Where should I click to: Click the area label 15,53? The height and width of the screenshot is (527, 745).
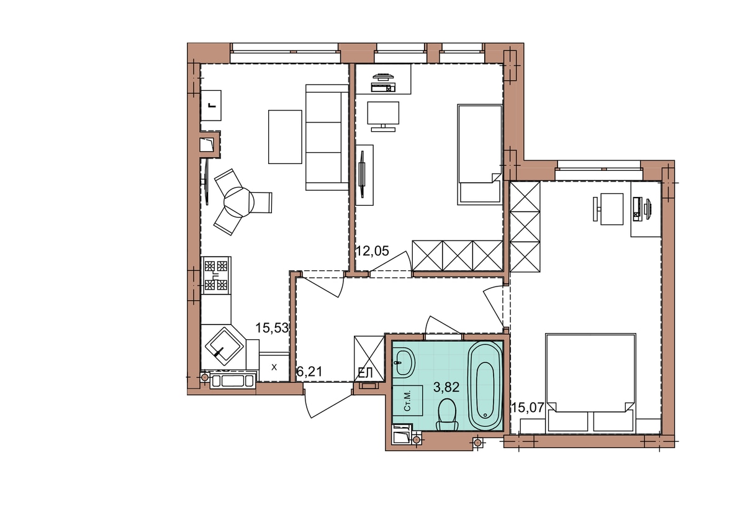[272, 328]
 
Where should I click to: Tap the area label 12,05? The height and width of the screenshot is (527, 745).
[372, 250]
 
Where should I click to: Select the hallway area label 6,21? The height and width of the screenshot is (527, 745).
[310, 372]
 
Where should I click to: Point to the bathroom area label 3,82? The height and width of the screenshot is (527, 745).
[446, 387]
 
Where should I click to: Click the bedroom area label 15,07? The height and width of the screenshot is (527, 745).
[528, 407]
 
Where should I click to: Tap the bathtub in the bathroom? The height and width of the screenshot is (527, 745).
[485, 385]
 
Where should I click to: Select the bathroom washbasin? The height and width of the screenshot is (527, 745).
[404, 363]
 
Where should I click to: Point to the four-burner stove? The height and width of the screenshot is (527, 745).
[216, 275]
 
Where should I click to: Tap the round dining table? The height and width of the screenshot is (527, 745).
[239, 202]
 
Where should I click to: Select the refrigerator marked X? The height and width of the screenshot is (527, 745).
[274, 367]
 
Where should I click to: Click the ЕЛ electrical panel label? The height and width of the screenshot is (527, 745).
[365, 373]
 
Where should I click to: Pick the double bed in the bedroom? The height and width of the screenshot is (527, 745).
[590, 383]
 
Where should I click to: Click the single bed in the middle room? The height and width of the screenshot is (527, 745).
[479, 155]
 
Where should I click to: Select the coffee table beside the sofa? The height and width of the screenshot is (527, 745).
[285, 137]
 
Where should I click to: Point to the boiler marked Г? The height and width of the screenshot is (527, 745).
[211, 106]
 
